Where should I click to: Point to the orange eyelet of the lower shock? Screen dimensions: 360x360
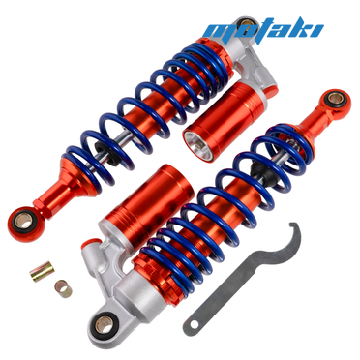click(333, 100)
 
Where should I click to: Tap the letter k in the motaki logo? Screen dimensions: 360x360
click(305, 27)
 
